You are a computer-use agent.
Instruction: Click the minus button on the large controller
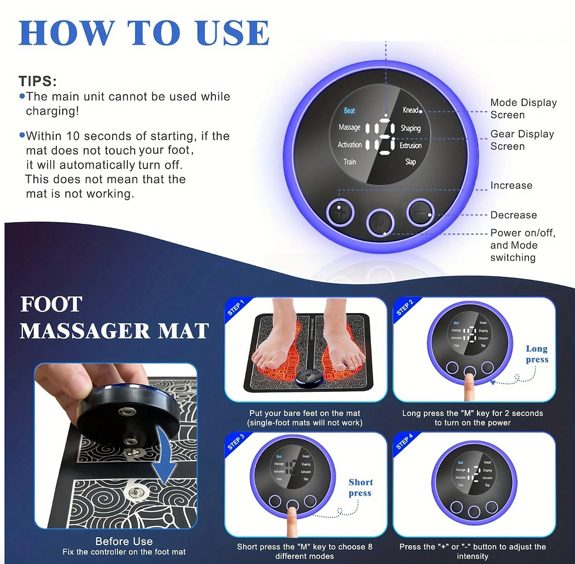[x=418, y=212]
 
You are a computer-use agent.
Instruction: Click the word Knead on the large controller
[x=410, y=110]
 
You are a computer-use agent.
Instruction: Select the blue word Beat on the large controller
[x=350, y=110]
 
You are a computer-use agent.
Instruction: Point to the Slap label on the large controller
[x=411, y=162]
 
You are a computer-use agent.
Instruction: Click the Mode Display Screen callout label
[x=523, y=109]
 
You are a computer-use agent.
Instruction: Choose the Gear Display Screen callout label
[x=522, y=140]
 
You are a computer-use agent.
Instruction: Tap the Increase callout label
[x=511, y=186]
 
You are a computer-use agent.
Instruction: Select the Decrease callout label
[x=513, y=215]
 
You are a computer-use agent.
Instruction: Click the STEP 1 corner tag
[x=236, y=308]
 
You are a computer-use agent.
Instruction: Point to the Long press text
[x=537, y=354]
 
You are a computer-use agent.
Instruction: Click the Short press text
[x=360, y=488]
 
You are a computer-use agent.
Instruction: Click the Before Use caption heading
[x=124, y=541]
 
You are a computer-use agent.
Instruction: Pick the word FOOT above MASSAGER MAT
[x=51, y=304]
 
